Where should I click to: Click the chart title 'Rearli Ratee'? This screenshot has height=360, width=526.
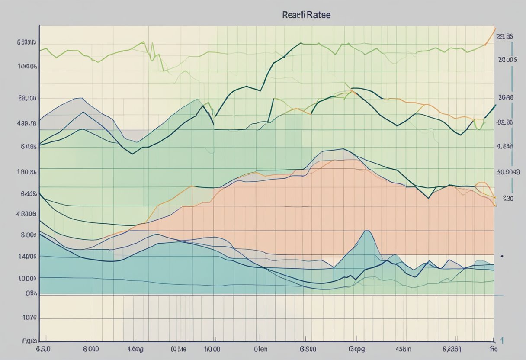(x=306, y=15)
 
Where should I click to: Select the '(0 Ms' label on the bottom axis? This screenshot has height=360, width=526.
(x=178, y=348)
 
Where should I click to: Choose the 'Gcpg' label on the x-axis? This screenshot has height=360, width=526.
(x=357, y=348)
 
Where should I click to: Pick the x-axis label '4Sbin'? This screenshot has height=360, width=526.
(x=404, y=348)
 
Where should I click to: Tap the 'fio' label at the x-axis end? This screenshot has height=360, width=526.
(x=492, y=348)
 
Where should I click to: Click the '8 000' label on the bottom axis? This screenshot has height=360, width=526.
(x=90, y=348)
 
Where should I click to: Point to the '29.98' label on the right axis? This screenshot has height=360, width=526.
(x=505, y=37)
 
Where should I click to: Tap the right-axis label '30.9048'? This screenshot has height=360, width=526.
(x=507, y=171)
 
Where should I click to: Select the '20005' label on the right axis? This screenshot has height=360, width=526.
(x=508, y=61)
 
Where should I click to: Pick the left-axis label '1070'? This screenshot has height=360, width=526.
(x=29, y=317)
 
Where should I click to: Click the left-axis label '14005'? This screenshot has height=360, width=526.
(x=26, y=256)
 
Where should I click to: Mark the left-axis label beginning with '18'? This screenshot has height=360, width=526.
(x=26, y=171)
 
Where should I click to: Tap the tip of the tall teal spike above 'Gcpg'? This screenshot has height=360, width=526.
(x=367, y=231)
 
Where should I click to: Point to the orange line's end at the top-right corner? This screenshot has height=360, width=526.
(x=494, y=28)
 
